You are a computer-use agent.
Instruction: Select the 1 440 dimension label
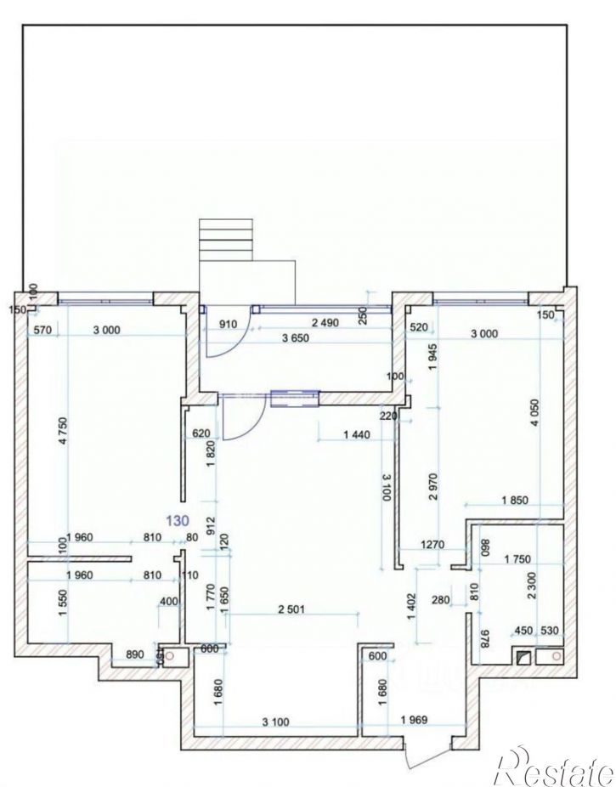[x=357, y=435]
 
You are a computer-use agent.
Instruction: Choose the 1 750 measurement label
[x=517, y=559]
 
